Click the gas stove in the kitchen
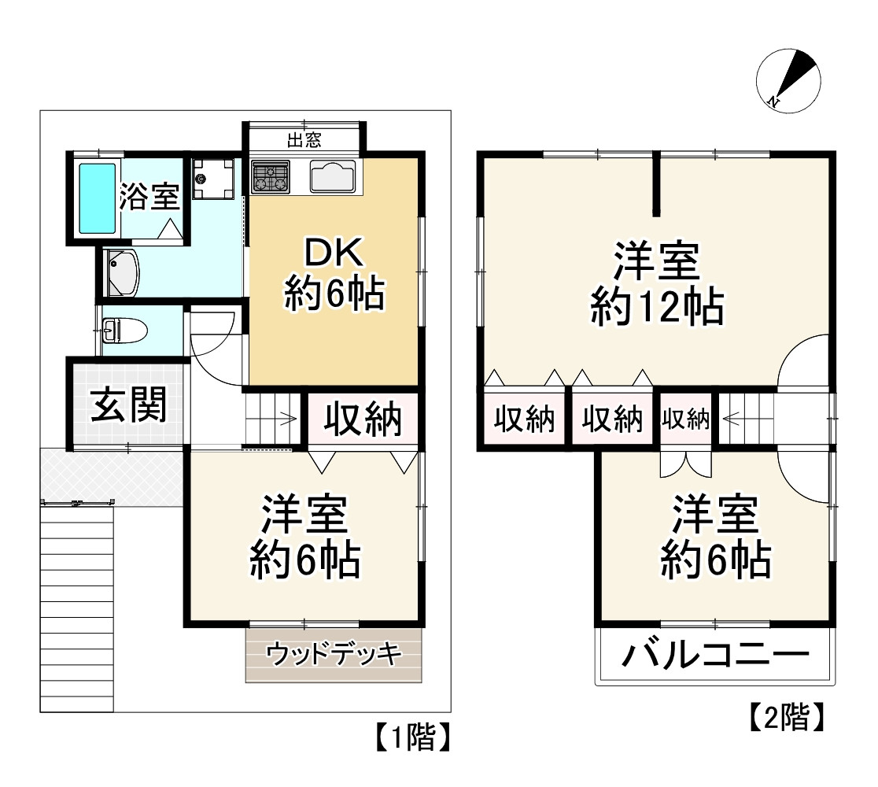270,176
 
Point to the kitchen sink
334,176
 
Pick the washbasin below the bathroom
123,272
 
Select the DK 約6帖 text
333,275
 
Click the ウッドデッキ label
334,653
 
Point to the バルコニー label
715,655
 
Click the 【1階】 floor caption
410,737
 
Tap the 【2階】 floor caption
785,716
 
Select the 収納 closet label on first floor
363,419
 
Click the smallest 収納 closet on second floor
685,419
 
